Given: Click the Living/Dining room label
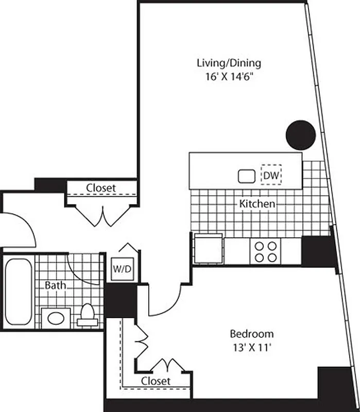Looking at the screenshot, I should click(x=229, y=63).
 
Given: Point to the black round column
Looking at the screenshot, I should click(x=301, y=134).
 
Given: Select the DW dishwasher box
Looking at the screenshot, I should click(x=271, y=176).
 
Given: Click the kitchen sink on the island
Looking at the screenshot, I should click(x=247, y=176).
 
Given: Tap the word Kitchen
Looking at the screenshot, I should click(x=257, y=204).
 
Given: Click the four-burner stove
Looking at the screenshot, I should click(x=265, y=251).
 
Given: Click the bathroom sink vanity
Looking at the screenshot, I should click(x=56, y=317).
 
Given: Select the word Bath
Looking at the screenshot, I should click(x=54, y=285).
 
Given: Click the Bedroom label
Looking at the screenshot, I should click(x=251, y=334).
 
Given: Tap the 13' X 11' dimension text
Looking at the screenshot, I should click(x=251, y=347).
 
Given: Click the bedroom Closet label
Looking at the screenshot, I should click(x=156, y=381).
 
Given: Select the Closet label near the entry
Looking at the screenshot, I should click(x=101, y=188).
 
